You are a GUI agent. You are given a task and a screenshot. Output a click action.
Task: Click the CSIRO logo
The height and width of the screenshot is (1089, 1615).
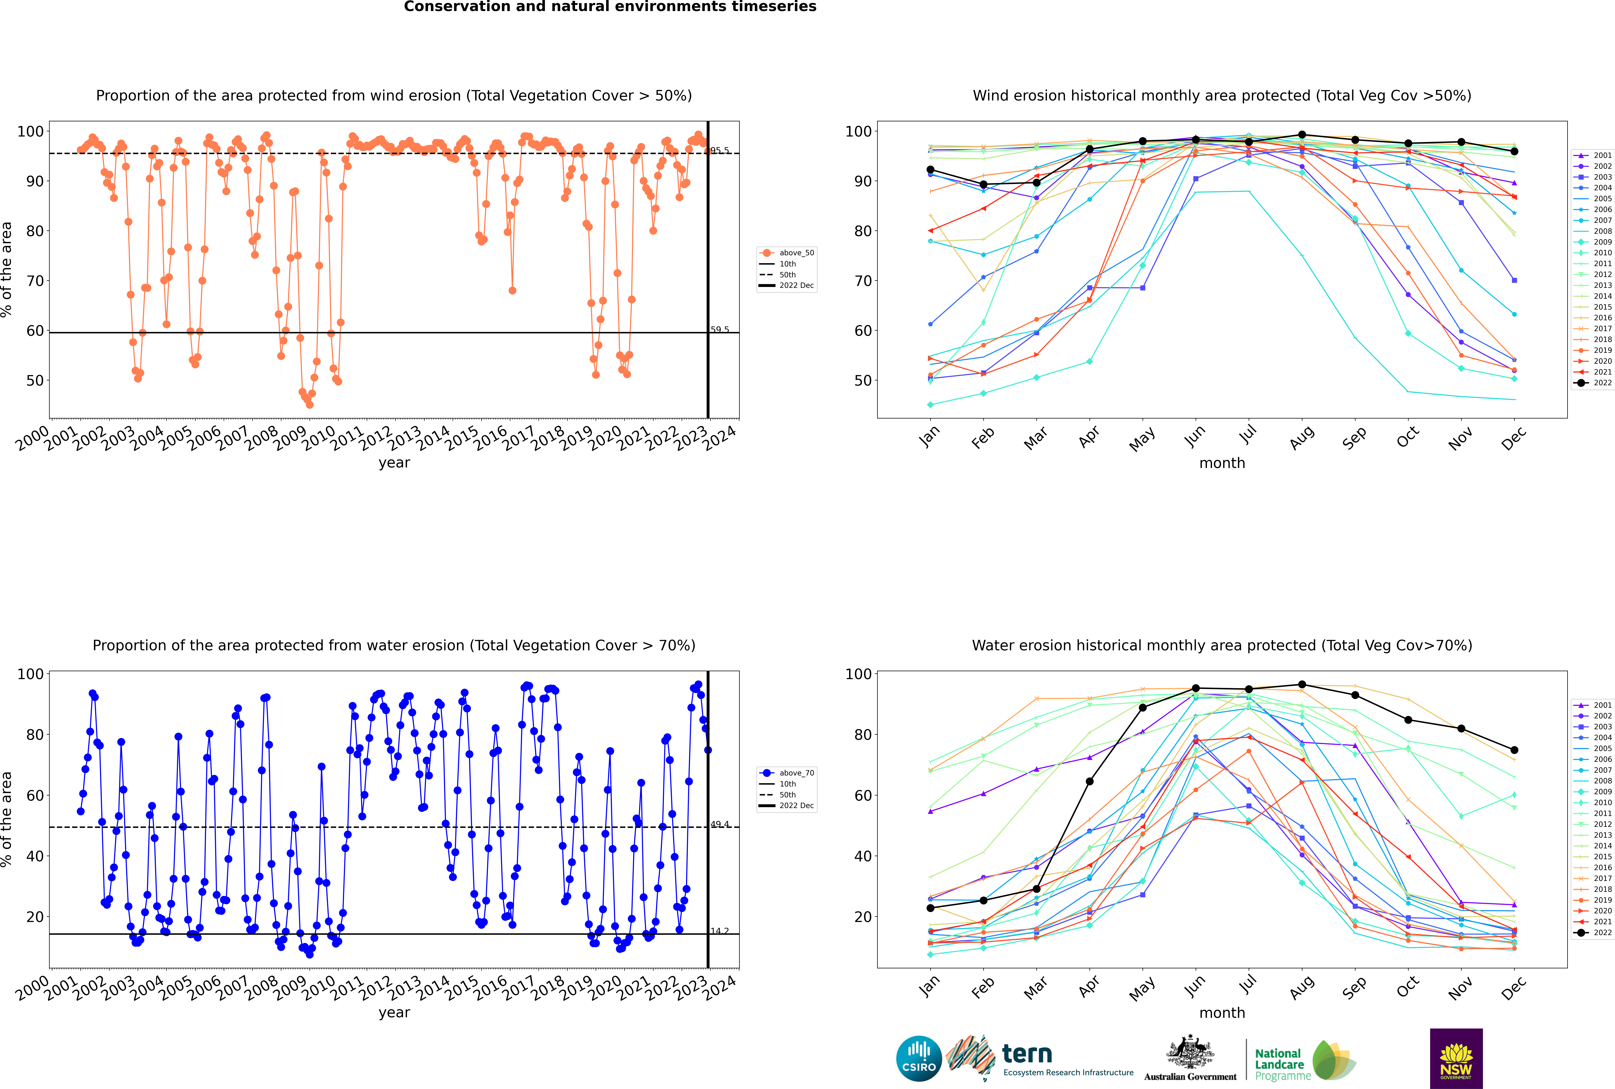[x=919, y=1058]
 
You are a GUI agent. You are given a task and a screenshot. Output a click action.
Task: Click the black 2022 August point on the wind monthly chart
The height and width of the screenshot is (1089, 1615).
[x=1302, y=135]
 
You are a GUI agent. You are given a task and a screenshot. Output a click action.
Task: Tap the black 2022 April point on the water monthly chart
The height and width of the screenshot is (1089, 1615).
[x=1089, y=781]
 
